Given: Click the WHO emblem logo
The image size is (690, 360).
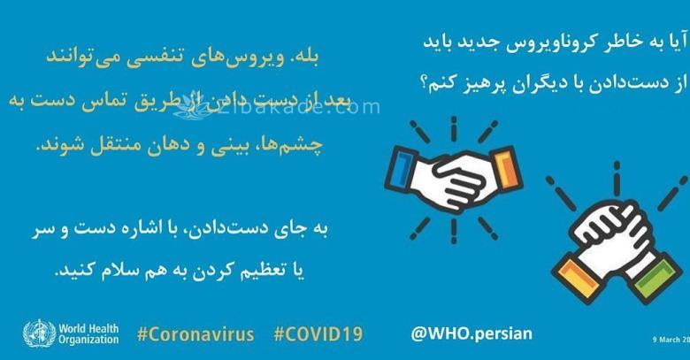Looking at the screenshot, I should [37, 334].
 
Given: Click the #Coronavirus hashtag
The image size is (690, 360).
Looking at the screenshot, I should [195, 335].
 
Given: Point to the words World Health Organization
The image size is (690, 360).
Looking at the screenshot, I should [89, 335].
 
